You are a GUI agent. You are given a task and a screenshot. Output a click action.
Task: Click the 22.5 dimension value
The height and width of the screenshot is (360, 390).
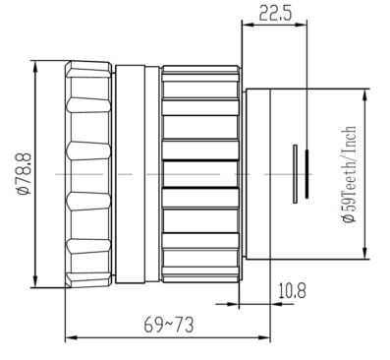(275, 13)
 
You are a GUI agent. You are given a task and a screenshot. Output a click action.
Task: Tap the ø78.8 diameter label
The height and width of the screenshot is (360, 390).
(25, 174)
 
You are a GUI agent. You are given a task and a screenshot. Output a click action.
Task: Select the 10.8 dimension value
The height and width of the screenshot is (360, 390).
(293, 291)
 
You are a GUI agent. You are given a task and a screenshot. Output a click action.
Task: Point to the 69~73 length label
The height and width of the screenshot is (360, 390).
(169, 325)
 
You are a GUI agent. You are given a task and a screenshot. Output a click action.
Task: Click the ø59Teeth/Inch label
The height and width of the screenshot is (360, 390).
(349, 174)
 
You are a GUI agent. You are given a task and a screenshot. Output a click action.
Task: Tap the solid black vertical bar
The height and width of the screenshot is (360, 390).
(306, 174)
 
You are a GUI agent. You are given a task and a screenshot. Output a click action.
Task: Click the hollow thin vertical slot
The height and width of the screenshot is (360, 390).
(296, 174)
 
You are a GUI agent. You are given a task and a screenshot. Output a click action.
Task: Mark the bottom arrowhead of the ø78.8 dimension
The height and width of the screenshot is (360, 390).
(35, 280)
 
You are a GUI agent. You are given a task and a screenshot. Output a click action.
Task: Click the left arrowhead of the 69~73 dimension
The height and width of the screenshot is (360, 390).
(73, 337)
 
